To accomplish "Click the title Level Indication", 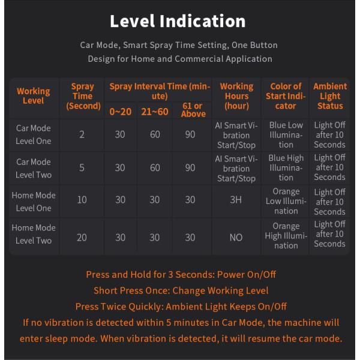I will pos(178,21).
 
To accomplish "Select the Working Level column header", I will pos(34,96).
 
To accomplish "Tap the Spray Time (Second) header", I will pos(82,96).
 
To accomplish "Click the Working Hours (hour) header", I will pos(236,96).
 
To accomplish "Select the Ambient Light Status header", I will pos(329,96).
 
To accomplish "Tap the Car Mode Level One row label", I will pos(34,134).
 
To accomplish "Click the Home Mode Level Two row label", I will pos(34,234).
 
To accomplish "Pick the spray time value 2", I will pos(82,134).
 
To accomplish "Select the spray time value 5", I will pos(82,168).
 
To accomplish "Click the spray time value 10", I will pos(82,201).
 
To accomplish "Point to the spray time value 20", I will pos(82,237).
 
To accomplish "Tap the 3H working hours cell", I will pos(236,201).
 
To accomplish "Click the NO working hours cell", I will pos(236,237).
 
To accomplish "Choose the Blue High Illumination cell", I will pos(286,168).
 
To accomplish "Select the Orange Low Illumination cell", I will pos(286,201).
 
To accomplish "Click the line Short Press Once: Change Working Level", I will pos(180,290).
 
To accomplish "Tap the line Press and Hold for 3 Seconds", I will pos(181,274).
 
